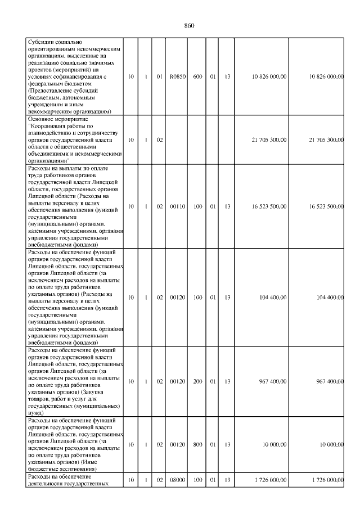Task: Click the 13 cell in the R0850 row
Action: pyautogui.click(x=227, y=76)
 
